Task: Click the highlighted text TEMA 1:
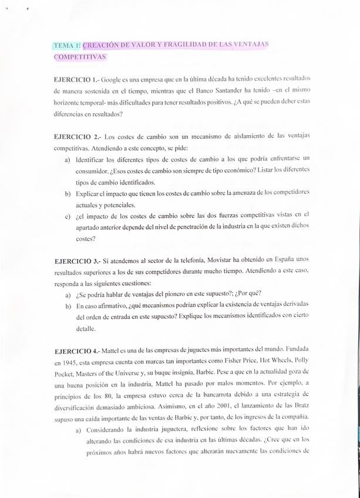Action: click(x=68, y=46)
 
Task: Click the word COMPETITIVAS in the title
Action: click(x=79, y=57)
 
